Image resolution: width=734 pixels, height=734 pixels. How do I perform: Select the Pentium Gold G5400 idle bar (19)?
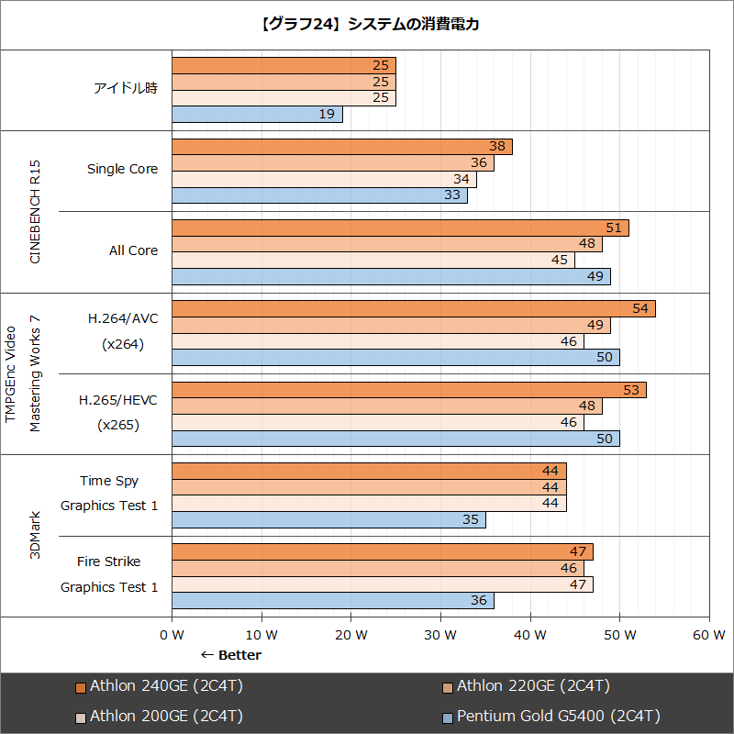[x=257, y=115]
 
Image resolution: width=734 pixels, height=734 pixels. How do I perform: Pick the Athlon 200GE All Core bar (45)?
[x=373, y=261]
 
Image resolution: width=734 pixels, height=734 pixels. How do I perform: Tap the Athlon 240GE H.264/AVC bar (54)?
[x=413, y=308]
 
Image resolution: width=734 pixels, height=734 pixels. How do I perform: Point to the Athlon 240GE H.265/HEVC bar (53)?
[x=408, y=390]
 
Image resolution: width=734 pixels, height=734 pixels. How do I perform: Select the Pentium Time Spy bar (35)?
[x=328, y=520]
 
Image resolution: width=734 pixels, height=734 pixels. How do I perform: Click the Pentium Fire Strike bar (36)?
[x=332, y=601]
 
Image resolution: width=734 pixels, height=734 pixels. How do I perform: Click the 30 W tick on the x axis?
[x=441, y=635]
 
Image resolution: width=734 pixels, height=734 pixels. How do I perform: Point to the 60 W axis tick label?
[x=709, y=635]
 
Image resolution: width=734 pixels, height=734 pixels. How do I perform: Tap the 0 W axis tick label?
[x=172, y=635]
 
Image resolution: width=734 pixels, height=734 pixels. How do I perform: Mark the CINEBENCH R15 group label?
[x=36, y=212]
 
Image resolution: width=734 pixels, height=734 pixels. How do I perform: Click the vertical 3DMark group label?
[x=36, y=536]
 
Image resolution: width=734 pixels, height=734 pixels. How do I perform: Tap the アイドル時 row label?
[x=126, y=89]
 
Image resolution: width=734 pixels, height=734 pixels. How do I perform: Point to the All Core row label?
[x=133, y=250]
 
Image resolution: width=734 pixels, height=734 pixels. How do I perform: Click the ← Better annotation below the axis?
[x=230, y=655]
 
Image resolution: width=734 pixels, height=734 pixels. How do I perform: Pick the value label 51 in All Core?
[x=614, y=228]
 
